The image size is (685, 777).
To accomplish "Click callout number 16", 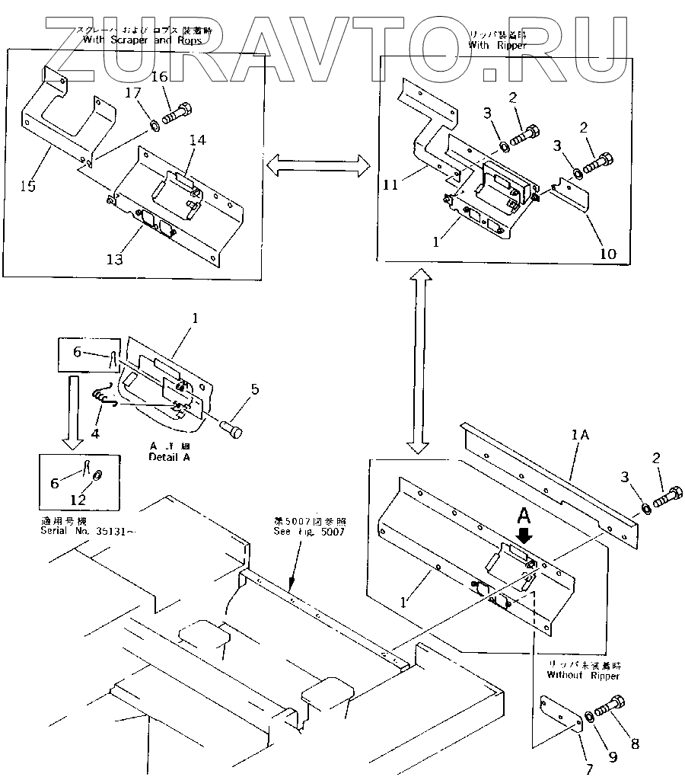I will (158, 77).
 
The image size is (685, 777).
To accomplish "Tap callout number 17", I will (133, 94).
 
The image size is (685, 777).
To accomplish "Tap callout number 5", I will (254, 389).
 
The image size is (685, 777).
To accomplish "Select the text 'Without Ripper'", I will (583, 676).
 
